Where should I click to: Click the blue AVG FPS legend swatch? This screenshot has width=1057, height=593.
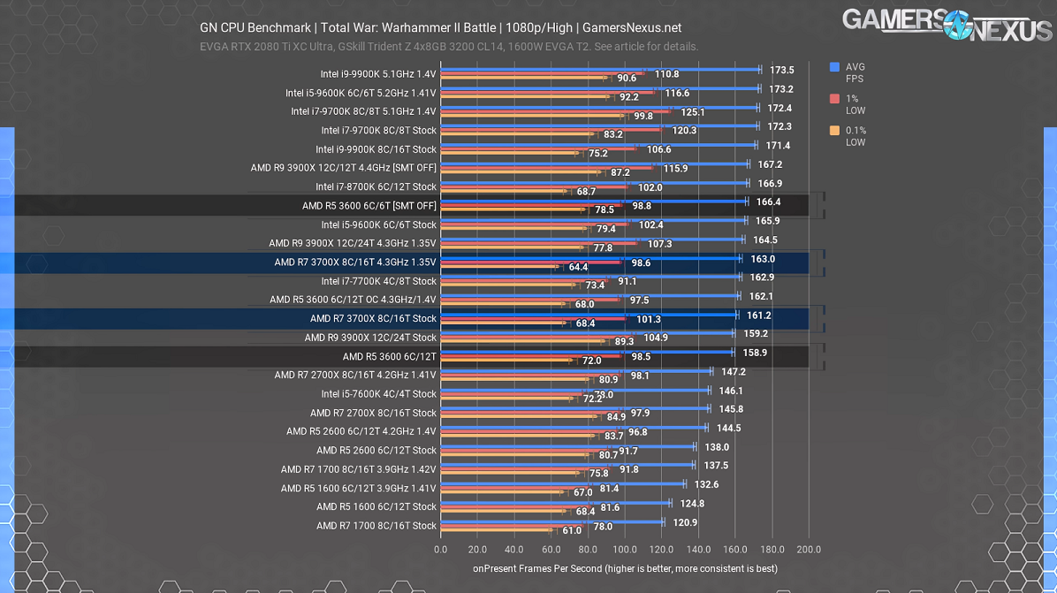pos(834,67)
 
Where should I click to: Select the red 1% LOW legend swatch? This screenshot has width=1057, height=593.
pos(834,99)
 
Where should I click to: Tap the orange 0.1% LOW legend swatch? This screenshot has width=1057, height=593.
pos(834,131)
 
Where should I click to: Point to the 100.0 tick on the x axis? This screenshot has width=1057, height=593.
pos(625,550)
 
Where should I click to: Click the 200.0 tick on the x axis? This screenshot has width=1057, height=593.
pos(809,550)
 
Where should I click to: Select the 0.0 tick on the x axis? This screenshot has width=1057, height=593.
pos(441,550)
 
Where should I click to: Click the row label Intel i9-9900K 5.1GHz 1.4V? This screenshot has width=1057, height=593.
pos(378,74)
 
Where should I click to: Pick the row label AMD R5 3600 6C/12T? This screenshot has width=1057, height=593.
pos(390,357)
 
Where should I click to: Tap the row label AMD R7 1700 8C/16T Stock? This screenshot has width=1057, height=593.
pos(376,526)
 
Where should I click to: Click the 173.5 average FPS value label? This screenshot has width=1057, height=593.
pos(782,70)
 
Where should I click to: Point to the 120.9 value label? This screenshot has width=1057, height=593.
pos(685,522)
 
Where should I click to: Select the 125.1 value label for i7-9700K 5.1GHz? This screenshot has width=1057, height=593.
pos(693,112)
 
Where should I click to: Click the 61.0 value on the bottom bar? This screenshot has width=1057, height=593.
pos(572,531)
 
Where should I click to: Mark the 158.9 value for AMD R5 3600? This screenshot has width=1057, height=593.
pos(755,353)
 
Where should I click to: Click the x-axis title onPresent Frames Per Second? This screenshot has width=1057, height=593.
pos(625,569)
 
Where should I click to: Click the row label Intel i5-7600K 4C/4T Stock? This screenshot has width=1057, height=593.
pos(378,394)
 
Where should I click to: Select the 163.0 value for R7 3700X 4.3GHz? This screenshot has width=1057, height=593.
pos(763,259)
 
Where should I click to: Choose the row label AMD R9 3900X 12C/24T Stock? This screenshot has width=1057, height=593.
pos(370,338)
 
